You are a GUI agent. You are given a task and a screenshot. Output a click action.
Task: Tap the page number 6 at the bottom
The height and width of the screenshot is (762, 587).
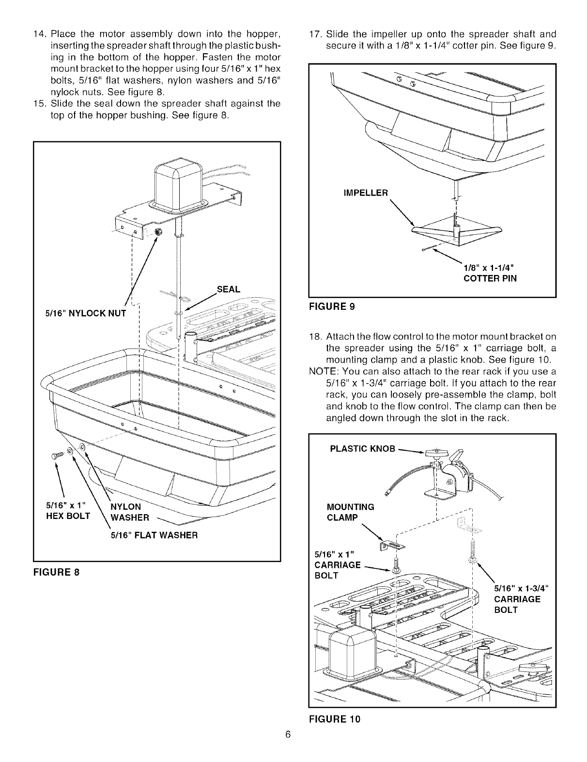(287, 735)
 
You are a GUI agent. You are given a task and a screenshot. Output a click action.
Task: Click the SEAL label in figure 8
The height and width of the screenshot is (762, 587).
(229, 289)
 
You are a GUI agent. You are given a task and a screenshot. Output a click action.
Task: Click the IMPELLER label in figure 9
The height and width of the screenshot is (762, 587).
(365, 193)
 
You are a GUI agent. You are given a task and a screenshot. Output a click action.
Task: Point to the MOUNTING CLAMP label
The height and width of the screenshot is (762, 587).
(351, 512)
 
